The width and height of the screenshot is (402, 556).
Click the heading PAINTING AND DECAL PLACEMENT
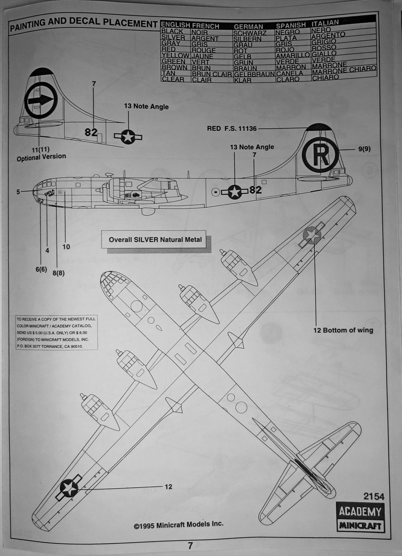[83, 24]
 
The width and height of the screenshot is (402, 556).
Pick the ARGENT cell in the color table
[205, 38]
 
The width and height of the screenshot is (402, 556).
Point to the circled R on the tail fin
[320, 154]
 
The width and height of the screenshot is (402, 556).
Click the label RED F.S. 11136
[232, 129]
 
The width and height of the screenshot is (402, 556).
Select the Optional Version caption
[41, 156]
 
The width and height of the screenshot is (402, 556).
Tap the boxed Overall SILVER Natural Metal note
[155, 240]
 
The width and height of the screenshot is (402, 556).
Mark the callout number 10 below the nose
[66, 247]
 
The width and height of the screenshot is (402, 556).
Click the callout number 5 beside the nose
[18, 192]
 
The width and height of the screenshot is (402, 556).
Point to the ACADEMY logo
[359, 512]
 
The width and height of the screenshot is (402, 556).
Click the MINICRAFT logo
[359, 526]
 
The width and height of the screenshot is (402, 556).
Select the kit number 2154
[375, 497]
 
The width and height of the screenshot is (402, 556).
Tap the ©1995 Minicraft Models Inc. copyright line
[178, 524]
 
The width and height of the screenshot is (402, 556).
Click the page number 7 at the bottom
[190, 545]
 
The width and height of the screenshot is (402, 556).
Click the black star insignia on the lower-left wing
[69, 487]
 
